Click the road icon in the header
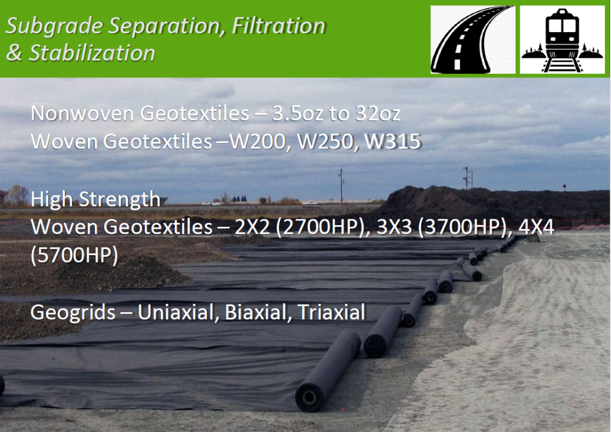pos(473,40)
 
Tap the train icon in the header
pos(562,40)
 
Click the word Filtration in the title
pos(279,26)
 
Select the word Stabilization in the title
pos(92,53)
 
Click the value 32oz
pos(378,113)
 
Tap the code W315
pos(393,141)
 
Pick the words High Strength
pos(95,199)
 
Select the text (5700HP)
pos(74,255)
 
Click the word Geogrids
pos(73,312)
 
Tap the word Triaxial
pos(331,312)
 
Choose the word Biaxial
pos(255,312)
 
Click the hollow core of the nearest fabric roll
pos(310,397)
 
